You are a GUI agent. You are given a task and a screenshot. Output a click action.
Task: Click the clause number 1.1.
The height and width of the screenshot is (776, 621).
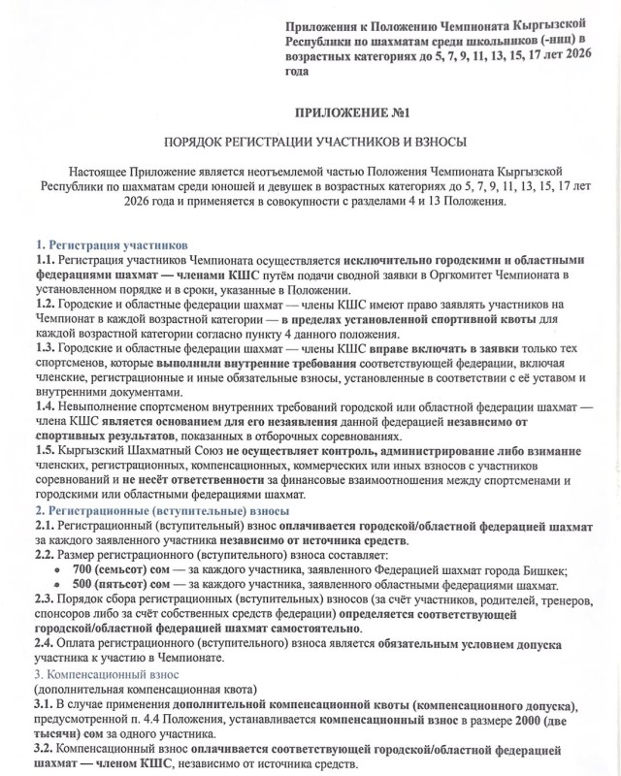tap(45, 261)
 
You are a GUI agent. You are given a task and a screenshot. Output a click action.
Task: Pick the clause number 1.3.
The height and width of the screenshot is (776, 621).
tap(45, 347)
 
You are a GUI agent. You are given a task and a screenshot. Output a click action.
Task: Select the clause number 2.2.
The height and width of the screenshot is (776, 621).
tap(45, 553)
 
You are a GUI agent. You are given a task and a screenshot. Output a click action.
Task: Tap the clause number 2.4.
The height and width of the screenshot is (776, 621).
tap(45, 642)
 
